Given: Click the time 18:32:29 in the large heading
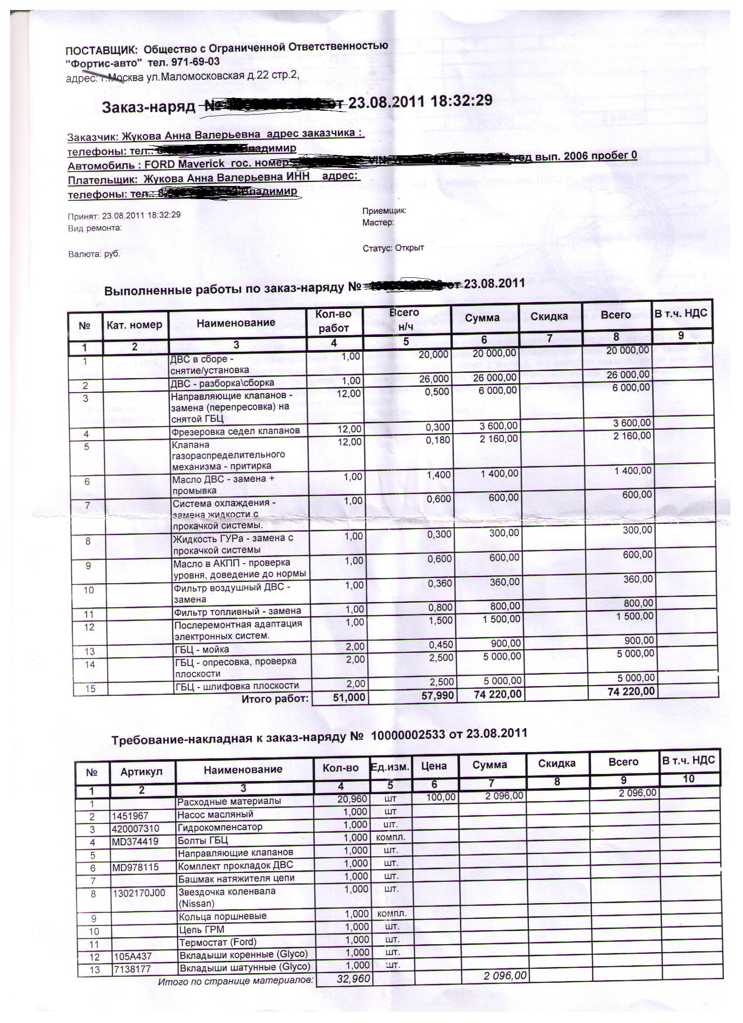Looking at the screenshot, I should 462,100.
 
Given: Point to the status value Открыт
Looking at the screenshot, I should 410,248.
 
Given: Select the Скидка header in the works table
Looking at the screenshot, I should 549,316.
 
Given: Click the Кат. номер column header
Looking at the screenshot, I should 135,325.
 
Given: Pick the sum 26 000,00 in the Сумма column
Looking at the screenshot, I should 495,377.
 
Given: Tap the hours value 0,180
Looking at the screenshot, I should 438,439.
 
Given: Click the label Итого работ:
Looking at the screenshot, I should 275,699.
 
